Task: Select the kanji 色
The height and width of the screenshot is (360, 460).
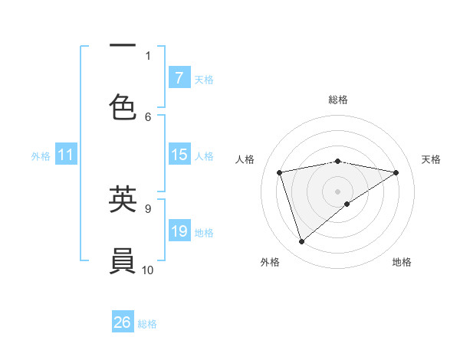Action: [123, 108]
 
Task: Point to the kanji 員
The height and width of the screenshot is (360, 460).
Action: [123, 261]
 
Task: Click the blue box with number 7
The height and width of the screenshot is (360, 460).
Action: [179, 78]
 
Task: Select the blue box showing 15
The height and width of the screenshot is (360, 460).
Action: [179, 155]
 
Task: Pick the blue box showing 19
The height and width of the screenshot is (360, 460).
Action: [179, 231]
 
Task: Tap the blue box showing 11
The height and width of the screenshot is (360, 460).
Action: [65, 155]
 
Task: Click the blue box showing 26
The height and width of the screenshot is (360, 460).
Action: [123, 323]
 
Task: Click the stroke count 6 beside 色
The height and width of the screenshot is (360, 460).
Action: [148, 116]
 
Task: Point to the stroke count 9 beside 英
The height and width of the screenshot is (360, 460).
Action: [148, 208]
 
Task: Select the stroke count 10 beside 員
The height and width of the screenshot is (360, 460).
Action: [148, 270]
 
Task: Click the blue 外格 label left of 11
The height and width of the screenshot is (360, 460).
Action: [41, 156]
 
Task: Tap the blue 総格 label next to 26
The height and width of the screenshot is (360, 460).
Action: [147, 324]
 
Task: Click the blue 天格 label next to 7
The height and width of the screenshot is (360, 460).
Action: [204, 79]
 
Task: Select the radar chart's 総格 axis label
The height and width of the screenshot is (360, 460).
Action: [338, 100]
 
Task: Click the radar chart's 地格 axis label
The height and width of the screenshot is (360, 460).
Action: [402, 262]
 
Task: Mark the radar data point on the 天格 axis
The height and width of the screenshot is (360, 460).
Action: [396, 172]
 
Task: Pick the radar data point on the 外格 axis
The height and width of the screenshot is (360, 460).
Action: [301, 242]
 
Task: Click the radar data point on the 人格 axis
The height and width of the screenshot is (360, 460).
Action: [280, 172]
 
